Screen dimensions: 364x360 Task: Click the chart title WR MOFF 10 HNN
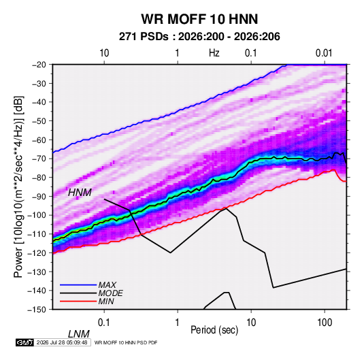click(199, 19)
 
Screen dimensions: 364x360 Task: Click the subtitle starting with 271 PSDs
click(199, 37)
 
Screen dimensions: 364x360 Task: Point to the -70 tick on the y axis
click(39, 159)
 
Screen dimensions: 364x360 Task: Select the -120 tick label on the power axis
click(37, 253)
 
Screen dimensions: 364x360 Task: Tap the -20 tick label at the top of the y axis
click(39, 65)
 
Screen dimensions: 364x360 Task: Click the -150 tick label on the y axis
click(37, 310)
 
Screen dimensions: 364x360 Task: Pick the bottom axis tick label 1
click(178, 323)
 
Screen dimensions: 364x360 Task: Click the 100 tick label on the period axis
click(325, 323)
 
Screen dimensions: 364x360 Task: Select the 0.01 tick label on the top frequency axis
click(324, 53)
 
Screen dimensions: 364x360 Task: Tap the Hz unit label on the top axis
click(214, 53)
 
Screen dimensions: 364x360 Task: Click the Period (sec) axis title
click(214, 330)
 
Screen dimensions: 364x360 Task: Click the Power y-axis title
click(19, 187)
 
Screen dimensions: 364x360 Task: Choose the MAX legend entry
click(107, 285)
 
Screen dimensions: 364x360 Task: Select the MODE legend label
click(110, 293)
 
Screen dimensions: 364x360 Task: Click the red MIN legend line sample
click(78, 301)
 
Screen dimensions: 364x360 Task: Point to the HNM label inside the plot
click(80, 193)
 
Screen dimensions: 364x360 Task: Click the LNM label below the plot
click(79, 334)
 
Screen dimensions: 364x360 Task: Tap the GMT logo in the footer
click(25, 342)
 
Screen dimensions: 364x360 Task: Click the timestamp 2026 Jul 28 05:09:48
click(62, 342)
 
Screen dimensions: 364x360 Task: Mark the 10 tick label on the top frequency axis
click(104, 53)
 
